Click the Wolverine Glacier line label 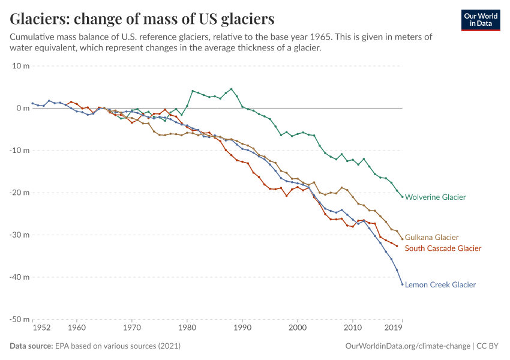pos(435,197)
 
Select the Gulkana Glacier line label pos(431,238)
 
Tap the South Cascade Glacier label pos(443,248)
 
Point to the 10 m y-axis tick pos(21,66)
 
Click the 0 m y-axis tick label pos(23,108)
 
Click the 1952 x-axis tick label pos(41,328)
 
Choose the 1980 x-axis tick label pos(187,328)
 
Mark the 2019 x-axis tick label pos(393,328)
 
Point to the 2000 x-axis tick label pos(298,328)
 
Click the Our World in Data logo pos(480,20)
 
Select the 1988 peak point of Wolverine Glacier pos(231,89)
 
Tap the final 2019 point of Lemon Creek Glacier pos(402,284)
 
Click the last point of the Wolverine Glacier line pos(402,197)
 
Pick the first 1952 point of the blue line pos(32,103)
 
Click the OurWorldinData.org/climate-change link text pos(408,346)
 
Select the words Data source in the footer pos(31,346)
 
